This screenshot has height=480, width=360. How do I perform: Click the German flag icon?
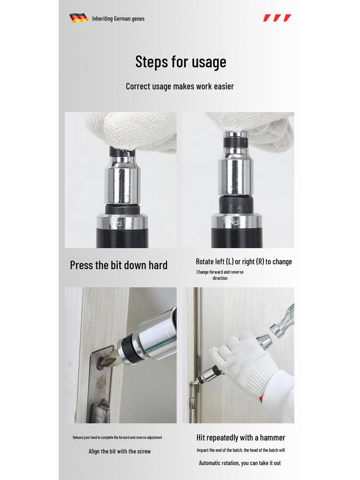pyautogui.click(x=79, y=18)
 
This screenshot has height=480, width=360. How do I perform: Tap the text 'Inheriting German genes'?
pyautogui.click(x=118, y=19)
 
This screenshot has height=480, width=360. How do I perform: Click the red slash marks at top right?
pyautogui.click(x=277, y=18)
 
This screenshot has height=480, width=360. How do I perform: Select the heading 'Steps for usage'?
pyautogui.click(x=180, y=61)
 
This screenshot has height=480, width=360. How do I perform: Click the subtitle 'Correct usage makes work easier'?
pyautogui.click(x=180, y=86)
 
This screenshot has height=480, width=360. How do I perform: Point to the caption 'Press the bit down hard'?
pyautogui.click(x=119, y=265)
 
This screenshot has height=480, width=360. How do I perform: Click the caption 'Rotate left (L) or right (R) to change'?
pyautogui.click(x=244, y=262)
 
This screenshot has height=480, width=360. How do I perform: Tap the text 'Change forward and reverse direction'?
pyautogui.click(x=220, y=275)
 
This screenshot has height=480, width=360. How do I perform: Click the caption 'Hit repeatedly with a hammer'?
pyautogui.click(x=240, y=437)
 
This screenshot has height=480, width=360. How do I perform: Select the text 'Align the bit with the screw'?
pyautogui.click(x=120, y=451)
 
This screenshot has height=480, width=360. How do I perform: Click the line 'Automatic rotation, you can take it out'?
pyautogui.click(x=240, y=463)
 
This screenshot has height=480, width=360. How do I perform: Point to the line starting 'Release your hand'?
pyautogui.click(x=117, y=437)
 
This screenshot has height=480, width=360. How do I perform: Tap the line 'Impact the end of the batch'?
pyautogui.click(x=240, y=450)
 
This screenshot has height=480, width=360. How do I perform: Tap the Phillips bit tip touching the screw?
pyautogui.click(x=104, y=361)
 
